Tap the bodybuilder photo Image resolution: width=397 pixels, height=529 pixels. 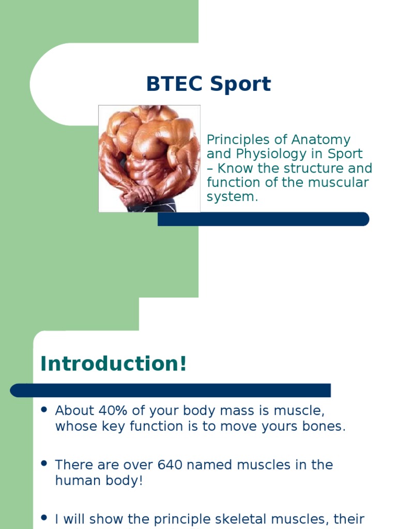pyautogui.click(x=149, y=158)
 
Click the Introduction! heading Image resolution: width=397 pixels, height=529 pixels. pyautogui.click(x=114, y=364)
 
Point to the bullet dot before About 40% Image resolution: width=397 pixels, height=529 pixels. pyautogui.click(x=44, y=410)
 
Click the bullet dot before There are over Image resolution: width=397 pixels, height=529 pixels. pyautogui.click(x=44, y=463)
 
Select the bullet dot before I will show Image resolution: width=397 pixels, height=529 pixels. pyautogui.click(x=44, y=517)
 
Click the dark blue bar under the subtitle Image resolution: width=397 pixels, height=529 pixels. pyautogui.click(x=263, y=219)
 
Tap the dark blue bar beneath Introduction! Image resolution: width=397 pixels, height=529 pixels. pyautogui.click(x=171, y=391)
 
